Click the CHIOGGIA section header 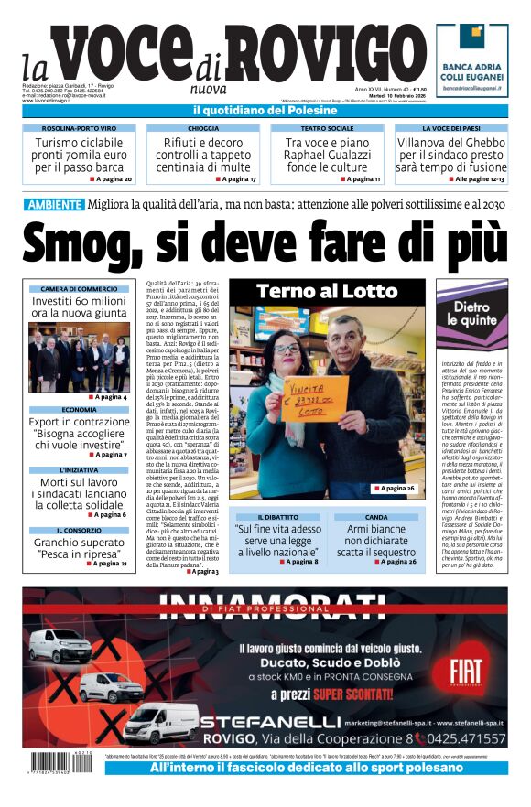click(x=202, y=129)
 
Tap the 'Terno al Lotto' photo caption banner click(x=327, y=292)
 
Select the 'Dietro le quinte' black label click(x=473, y=314)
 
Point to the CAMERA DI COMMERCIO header click(x=79, y=289)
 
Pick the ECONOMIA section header click(x=79, y=410)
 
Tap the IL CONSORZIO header click(x=79, y=530)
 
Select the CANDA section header click(x=375, y=517)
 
